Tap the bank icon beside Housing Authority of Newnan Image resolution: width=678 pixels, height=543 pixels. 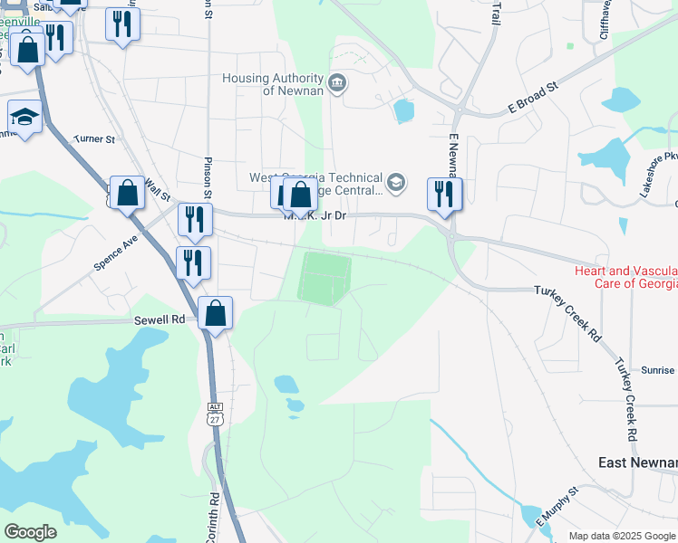click(337, 84)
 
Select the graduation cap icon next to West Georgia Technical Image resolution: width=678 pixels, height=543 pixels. click(396, 184)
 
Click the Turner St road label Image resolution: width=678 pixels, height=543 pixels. click(95, 139)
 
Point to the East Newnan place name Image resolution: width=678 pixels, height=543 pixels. click(637, 462)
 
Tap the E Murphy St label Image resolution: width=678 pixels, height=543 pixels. click(557, 510)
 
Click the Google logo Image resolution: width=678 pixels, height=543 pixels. click(30, 532)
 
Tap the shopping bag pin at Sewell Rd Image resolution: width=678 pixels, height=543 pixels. click(215, 314)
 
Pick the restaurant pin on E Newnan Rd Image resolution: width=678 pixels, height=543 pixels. click(444, 195)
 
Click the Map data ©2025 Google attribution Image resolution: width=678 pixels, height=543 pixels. click(622, 536)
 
